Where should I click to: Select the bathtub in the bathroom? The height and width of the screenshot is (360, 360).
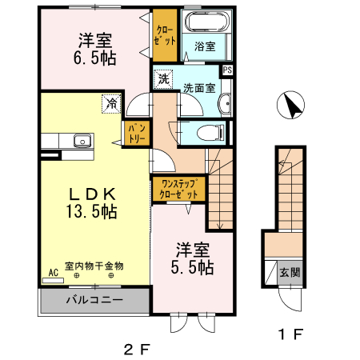coord(207,22)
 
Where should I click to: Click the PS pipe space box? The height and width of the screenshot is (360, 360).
coord(228,70)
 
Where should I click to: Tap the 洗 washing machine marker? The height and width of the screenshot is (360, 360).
coord(162,79)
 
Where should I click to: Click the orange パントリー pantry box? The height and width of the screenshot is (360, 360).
coord(133,134)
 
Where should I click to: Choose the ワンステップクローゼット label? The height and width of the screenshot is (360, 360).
coord(179,189)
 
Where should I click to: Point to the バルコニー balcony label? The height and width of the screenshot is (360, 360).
coord(94,301)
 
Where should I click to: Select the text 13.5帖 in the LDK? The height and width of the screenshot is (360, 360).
coord(92,212)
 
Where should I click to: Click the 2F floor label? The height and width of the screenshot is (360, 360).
coord(136,348)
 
